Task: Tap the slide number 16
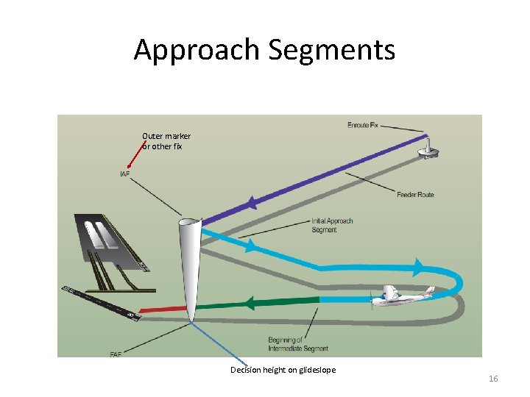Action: tap(493, 379)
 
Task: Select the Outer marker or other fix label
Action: tap(166, 141)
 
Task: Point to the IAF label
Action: tap(125, 174)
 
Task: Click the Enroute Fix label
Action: tap(363, 125)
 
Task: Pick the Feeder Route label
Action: tap(415, 195)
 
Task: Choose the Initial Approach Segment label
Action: tap(332, 225)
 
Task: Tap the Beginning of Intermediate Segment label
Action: tap(298, 344)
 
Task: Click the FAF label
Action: tap(116, 354)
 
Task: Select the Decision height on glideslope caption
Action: tap(283, 370)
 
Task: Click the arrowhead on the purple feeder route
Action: tap(252, 202)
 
